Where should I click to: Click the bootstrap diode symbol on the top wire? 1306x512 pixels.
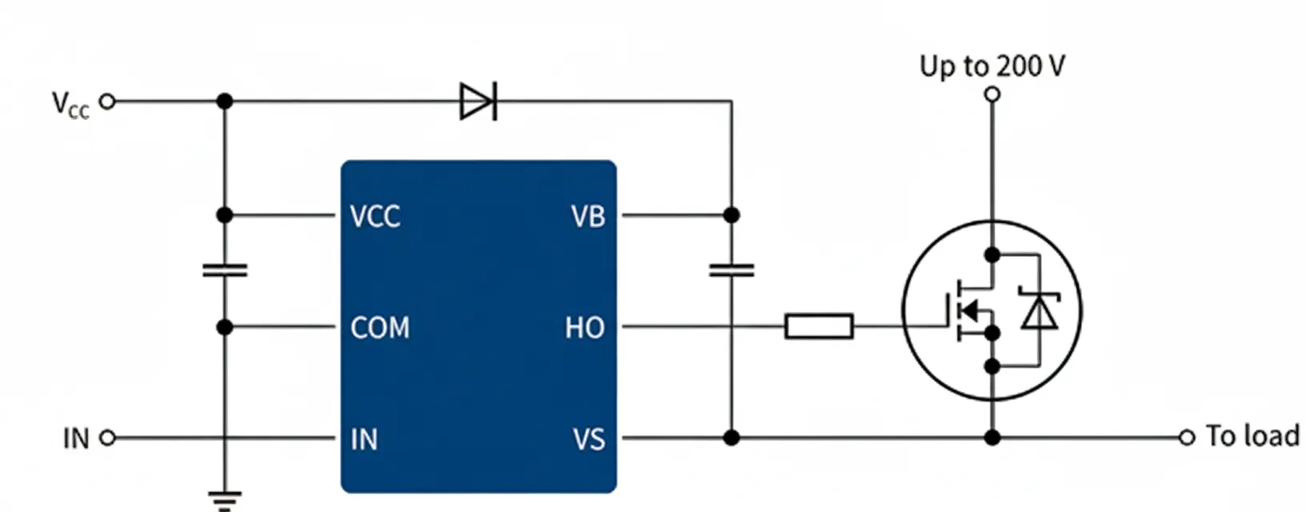coord(479,102)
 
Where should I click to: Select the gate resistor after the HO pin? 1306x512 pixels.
coord(819,326)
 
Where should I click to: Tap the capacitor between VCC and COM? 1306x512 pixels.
coord(225,270)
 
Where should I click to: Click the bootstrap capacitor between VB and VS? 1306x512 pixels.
coord(731,270)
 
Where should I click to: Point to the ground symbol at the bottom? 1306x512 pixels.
coord(225,501)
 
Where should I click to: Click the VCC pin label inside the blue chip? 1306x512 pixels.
coord(375,216)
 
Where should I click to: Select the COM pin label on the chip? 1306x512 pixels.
coord(379,327)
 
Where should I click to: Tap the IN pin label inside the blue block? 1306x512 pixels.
coord(363,439)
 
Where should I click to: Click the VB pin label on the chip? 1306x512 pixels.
coord(588,216)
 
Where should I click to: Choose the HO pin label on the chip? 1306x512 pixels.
coord(585,327)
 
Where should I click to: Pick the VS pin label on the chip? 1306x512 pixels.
coord(589,439)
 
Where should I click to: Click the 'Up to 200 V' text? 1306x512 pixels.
coord(992,66)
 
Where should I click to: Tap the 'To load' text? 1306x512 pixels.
coord(1252,436)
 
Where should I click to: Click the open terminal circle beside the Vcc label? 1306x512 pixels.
coord(106,102)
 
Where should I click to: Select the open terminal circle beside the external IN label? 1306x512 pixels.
coord(106,438)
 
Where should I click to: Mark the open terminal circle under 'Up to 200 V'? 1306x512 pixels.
coord(992,94)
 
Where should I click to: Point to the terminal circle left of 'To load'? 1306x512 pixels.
coord(1187,438)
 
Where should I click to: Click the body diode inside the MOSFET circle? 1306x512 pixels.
coord(1039,312)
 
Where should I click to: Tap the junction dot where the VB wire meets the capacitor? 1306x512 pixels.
coord(731,215)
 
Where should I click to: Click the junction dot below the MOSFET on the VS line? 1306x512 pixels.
coord(992,438)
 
